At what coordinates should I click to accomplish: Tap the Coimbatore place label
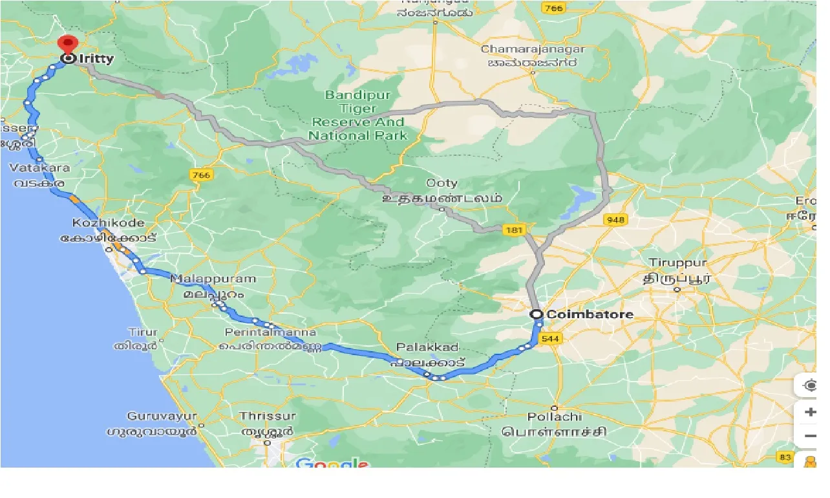590,315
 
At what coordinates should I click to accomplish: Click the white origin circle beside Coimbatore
537,315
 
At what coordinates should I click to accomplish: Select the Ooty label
442,183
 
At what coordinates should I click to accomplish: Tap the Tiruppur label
678,263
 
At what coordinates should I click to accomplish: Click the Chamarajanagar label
533,49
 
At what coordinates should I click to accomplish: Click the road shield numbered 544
553,338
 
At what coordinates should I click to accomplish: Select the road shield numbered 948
615,220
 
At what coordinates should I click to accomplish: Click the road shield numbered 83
785,458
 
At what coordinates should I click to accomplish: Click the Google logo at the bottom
332,463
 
